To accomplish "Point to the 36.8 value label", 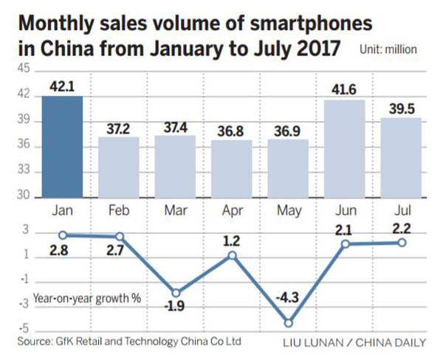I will [231, 128].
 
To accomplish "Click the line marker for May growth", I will [288, 322].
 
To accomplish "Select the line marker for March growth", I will [175, 292].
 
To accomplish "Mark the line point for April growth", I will [232, 255].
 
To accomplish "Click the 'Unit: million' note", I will [388, 50].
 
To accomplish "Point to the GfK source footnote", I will [129, 342].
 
